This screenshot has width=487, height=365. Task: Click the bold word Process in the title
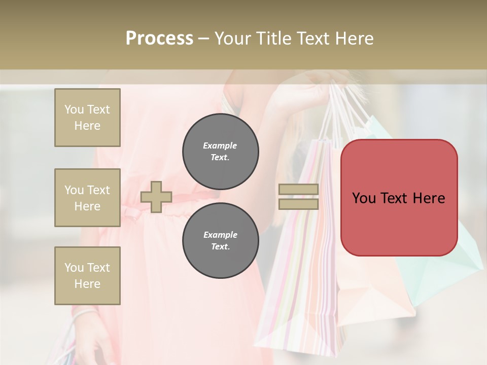tap(159, 39)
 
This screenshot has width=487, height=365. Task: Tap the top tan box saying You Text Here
tap(87, 118)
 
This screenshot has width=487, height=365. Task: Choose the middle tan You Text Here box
tap(87, 198)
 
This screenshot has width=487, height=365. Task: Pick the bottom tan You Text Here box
tap(87, 276)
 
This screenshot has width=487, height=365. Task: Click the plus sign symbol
tap(156, 197)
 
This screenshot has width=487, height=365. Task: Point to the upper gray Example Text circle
tap(220, 151)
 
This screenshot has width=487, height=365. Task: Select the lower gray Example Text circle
tap(220, 240)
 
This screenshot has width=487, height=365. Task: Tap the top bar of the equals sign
tap(298, 189)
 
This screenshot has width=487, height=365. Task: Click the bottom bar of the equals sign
tap(298, 204)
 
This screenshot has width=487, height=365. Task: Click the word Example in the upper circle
tap(220, 145)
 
